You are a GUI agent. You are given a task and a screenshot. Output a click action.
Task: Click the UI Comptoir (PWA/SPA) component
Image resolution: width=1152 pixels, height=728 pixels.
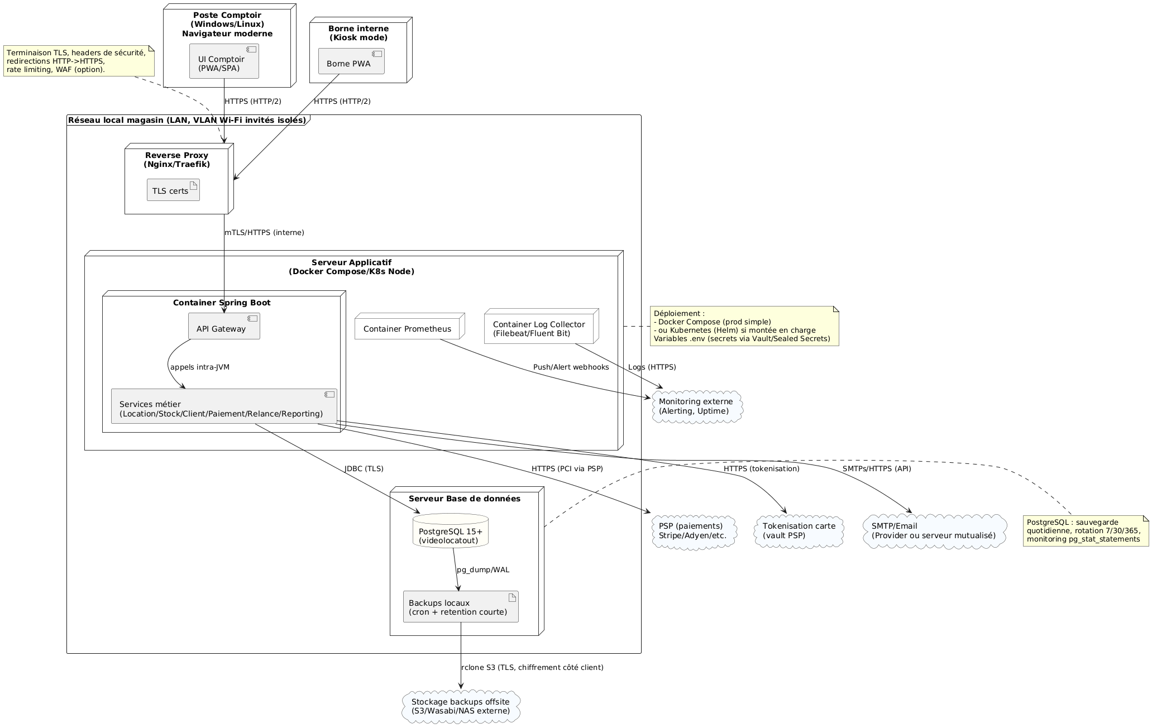point(224,61)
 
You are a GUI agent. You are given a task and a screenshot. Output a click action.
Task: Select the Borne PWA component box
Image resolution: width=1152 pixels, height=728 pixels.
point(351,61)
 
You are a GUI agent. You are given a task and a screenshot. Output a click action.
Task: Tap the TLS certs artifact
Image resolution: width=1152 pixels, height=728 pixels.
point(173,190)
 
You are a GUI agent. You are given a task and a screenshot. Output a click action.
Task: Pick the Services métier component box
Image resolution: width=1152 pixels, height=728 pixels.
point(223,406)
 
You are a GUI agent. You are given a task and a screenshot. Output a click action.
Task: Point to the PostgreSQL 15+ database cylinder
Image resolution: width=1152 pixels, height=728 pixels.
point(451,531)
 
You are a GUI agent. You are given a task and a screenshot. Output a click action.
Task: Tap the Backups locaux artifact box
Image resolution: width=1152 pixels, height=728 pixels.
point(460,607)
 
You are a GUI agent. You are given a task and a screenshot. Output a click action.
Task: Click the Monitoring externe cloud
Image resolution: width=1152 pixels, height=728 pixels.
point(696,406)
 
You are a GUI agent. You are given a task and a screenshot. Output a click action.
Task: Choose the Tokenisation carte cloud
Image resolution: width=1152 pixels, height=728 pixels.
point(799,531)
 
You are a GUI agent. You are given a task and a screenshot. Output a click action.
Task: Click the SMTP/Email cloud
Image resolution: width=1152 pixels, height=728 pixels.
point(934,531)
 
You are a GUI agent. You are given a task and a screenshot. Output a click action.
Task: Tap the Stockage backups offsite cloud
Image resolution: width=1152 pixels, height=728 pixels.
point(461,706)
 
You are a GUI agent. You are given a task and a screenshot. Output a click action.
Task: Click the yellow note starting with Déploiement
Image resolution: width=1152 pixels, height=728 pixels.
point(744,326)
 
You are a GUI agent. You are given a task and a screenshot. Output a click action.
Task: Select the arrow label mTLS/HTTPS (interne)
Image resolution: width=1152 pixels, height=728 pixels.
point(265,232)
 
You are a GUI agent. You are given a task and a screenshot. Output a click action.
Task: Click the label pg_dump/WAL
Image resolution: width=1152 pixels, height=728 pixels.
point(483,569)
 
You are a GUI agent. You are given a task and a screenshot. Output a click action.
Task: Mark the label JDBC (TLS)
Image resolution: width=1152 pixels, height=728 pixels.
point(364,468)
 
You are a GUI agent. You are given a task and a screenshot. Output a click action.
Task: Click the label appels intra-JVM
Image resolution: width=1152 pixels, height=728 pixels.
point(200,367)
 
